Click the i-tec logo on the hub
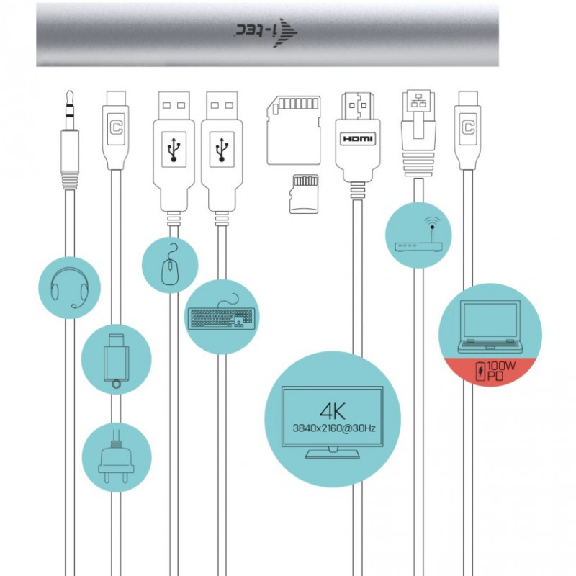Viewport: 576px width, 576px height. click(266, 32)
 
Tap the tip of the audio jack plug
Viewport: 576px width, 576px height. click(69, 91)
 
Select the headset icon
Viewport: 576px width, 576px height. click(69, 287)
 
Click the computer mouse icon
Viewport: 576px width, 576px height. click(170, 264)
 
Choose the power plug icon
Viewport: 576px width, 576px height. click(116, 457)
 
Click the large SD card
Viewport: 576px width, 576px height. click(294, 130)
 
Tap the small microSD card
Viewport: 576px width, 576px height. click(304, 194)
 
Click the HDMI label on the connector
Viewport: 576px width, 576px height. click(357, 139)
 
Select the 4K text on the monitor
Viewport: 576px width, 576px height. click(333, 411)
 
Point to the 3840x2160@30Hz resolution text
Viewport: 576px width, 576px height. click(334, 428)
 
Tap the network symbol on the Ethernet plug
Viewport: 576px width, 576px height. click(418, 100)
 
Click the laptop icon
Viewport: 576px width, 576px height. click(490, 327)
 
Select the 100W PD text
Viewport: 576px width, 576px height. click(501, 371)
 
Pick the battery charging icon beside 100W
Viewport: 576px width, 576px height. click(480, 371)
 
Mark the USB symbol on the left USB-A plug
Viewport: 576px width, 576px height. click(174, 150)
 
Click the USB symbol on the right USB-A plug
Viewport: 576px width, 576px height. click(222, 150)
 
